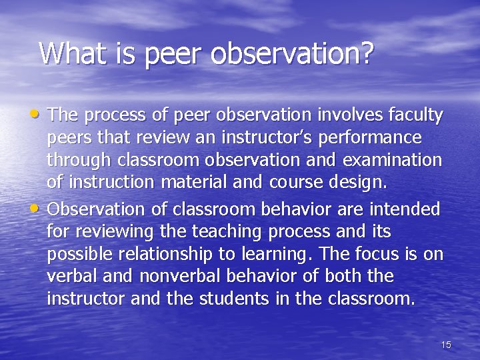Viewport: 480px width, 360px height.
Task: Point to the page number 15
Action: tap(446, 345)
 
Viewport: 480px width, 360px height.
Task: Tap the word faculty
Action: tap(416, 116)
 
